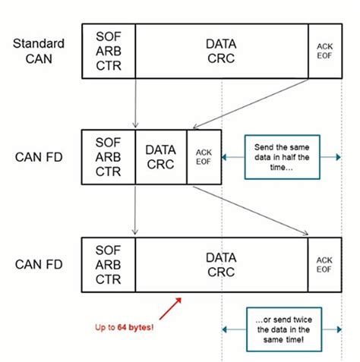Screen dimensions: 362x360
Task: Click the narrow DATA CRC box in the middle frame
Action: point(160,157)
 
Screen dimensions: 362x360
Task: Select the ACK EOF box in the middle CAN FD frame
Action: point(203,157)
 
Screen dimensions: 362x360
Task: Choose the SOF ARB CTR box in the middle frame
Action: point(108,157)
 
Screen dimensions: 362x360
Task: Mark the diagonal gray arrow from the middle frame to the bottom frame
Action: point(251,209)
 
